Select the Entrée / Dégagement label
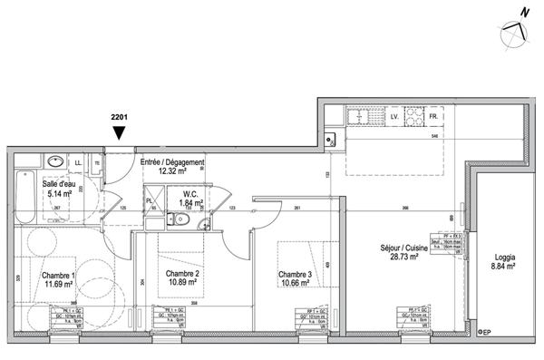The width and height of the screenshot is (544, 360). [171, 162]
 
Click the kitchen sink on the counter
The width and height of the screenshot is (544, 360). [360, 117]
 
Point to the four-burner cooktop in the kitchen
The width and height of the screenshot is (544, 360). [413, 117]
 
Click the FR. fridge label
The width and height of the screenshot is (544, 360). [434, 118]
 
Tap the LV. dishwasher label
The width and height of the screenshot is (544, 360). [394, 118]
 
